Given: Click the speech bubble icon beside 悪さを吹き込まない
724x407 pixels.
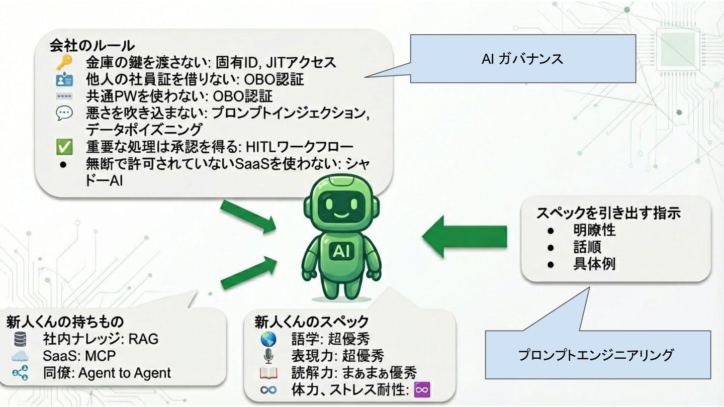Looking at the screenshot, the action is click(x=64, y=113).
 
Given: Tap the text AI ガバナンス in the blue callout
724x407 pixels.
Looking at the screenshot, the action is click(x=522, y=59).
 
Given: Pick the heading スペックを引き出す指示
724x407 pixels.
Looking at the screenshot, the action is click(x=608, y=213).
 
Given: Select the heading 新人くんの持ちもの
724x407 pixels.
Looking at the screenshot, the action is click(x=65, y=322).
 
